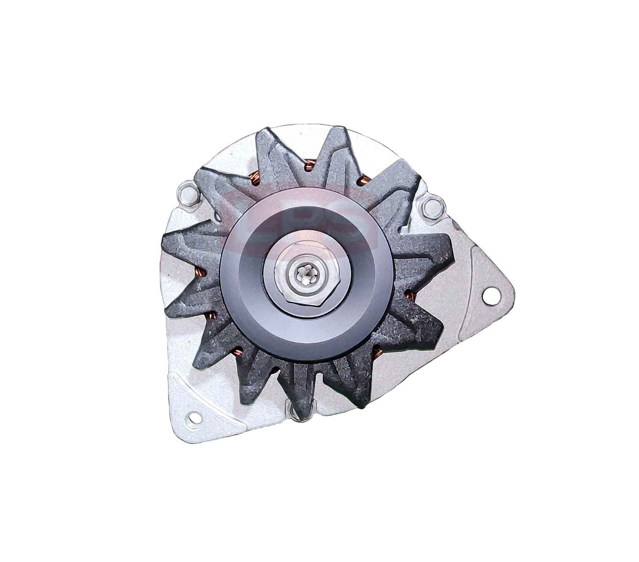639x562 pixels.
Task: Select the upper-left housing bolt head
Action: tap(188, 193)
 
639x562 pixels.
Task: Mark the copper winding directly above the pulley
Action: tap(309, 166)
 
